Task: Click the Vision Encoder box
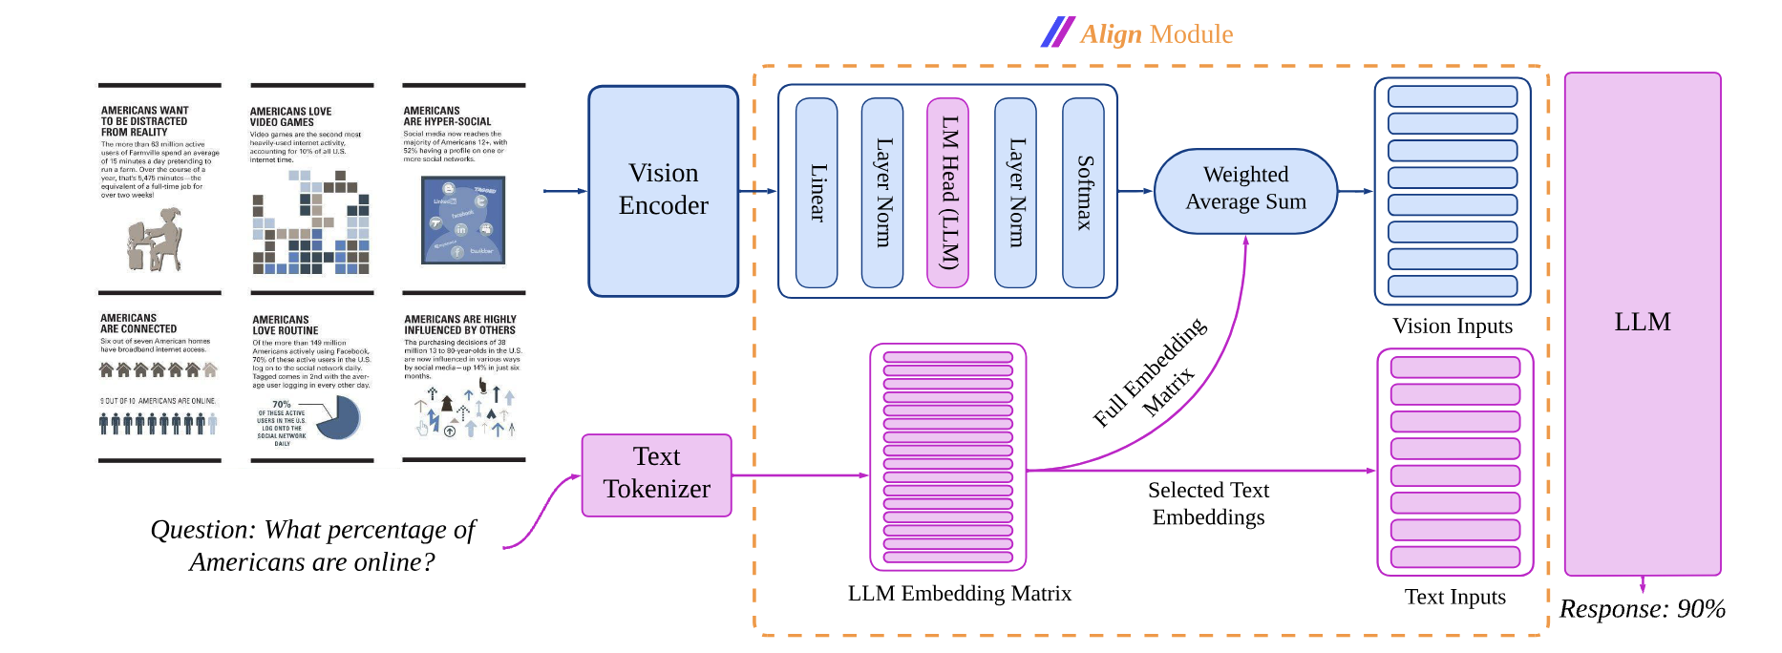coord(663,190)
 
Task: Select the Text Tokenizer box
coord(656,474)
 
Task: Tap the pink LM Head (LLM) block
coord(947,192)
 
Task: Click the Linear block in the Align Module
coord(817,192)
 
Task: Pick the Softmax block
coord(1083,192)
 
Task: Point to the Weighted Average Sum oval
coord(1245,190)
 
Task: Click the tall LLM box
coord(1642,323)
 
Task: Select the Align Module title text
coord(1156,34)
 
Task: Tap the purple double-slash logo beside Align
coord(1057,32)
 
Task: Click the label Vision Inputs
coord(1452,326)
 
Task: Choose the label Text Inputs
coord(1454,597)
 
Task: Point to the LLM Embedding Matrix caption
coord(959,594)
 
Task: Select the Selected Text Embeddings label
coord(1208,503)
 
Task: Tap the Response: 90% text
coord(1642,609)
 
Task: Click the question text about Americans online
coord(312,545)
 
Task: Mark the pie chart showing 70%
coord(337,418)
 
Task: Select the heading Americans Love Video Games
coord(290,116)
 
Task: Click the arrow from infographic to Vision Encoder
coord(564,191)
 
